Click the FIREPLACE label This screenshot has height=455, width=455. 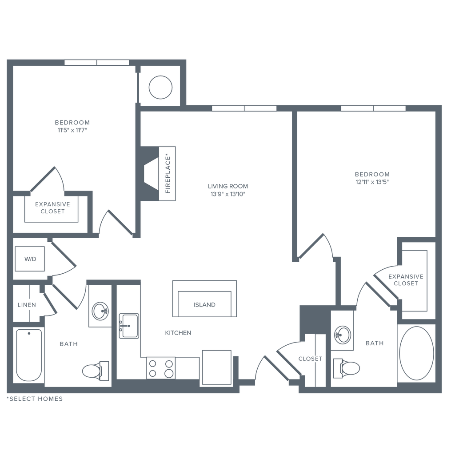click(168, 173)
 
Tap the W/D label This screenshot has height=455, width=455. click(30, 259)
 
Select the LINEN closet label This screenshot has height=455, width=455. click(27, 305)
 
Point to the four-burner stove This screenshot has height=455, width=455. click(161, 368)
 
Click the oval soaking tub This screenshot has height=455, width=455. click(416, 353)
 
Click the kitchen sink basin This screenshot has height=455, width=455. click(129, 326)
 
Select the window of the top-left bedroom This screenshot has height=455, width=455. click(97, 63)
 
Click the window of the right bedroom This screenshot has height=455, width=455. click(373, 108)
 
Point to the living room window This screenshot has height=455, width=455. click(244, 108)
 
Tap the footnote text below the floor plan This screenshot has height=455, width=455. click(35, 399)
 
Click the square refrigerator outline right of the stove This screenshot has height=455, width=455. click(217, 367)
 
